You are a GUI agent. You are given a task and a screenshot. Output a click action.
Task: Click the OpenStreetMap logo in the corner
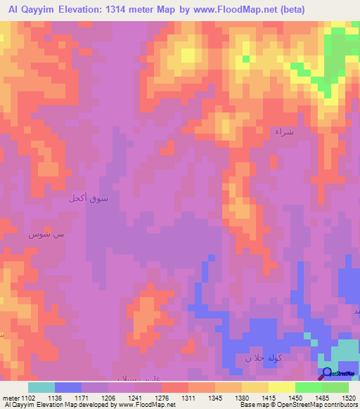click(x=338, y=374)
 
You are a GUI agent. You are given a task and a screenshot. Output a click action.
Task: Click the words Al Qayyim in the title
click(x=34, y=9)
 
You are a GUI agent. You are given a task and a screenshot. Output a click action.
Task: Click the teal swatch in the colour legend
click(x=41, y=387)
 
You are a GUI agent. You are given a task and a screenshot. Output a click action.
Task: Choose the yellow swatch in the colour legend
click(x=281, y=387)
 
